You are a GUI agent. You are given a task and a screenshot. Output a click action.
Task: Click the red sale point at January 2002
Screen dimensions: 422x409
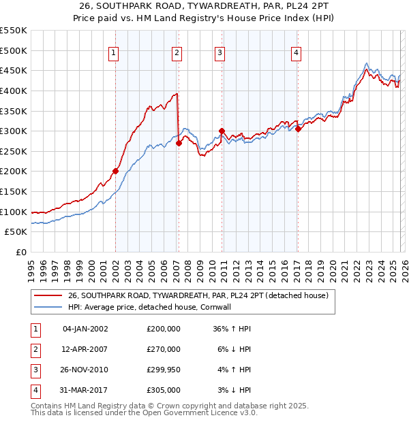pos(115,171)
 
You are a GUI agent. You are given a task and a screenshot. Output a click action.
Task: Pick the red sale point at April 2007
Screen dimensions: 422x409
pos(179,143)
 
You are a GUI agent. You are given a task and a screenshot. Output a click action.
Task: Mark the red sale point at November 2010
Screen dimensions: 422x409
pos(222,131)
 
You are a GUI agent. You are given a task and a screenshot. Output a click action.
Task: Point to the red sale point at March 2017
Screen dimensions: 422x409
pos(298,129)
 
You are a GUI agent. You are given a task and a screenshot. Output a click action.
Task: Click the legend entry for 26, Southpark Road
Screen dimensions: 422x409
pos(198,295)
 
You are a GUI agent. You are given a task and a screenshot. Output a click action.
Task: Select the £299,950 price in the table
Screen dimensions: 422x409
pos(163,370)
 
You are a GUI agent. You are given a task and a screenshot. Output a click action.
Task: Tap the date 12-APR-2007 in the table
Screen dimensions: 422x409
pos(85,349)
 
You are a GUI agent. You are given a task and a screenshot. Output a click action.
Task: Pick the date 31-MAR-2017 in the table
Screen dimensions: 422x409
pos(85,390)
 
